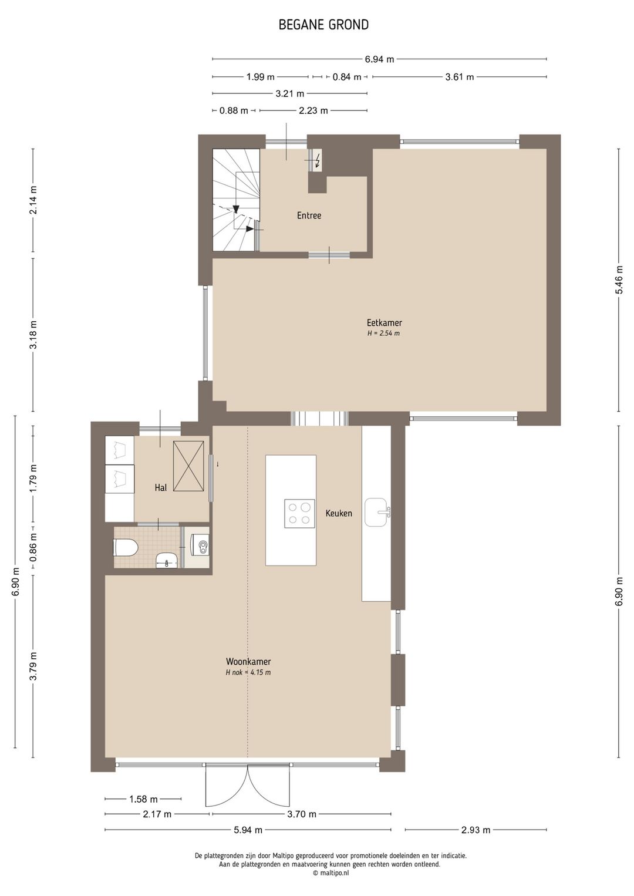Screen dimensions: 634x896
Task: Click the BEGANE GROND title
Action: pyautogui.click(x=323, y=25)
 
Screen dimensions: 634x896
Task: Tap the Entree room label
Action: pyautogui.click(x=309, y=215)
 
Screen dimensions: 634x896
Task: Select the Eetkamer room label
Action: pyautogui.click(x=384, y=323)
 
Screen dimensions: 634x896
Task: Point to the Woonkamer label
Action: pyautogui.click(x=248, y=662)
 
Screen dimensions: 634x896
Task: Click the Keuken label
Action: pyautogui.click(x=339, y=513)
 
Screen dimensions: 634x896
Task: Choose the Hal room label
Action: pyautogui.click(x=161, y=487)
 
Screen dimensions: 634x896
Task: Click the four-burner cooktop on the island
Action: pyautogui.click(x=299, y=514)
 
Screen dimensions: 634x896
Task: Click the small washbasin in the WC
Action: pyautogui.click(x=166, y=561)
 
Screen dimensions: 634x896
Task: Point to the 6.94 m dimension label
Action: pyautogui.click(x=379, y=60)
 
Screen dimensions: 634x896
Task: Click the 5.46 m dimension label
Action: pyautogui.click(x=619, y=280)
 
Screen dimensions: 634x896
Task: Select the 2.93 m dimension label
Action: pyautogui.click(x=475, y=830)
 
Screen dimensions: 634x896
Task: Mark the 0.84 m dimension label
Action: pyautogui.click(x=347, y=77)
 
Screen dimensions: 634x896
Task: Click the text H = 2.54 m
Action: pyautogui.click(x=383, y=333)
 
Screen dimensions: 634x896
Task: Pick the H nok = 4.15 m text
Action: pyautogui.click(x=248, y=672)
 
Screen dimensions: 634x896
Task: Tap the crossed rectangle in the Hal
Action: pyautogui.click(x=188, y=466)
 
